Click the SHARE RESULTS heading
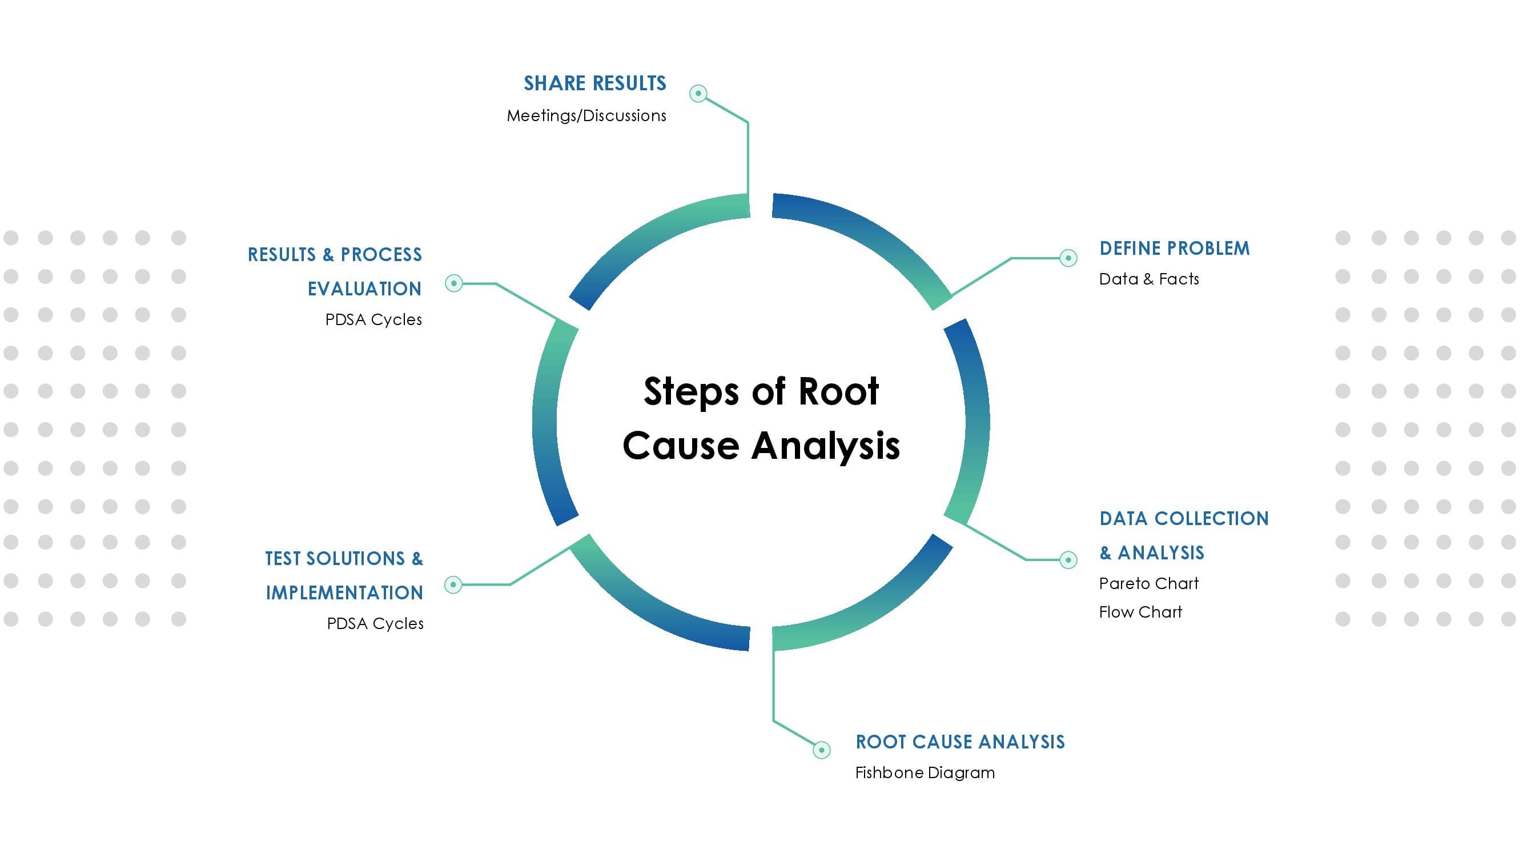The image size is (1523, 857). tap(595, 83)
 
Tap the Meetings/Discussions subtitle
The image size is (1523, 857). tap(586, 116)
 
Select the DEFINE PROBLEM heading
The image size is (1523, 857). tap(1174, 249)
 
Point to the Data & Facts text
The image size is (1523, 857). tap(1148, 279)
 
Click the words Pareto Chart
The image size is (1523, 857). tap(1148, 584)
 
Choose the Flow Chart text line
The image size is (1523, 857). tap(1140, 612)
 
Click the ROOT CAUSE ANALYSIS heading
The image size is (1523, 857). tap(959, 742)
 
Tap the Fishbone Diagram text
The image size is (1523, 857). tap(925, 773)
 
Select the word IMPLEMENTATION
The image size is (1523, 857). tap(344, 592)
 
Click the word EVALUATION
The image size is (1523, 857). tap(364, 289)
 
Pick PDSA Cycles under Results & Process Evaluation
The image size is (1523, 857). tap(373, 320)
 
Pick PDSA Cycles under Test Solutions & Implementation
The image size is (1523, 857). tap(375, 624)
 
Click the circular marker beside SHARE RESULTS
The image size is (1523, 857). tap(698, 94)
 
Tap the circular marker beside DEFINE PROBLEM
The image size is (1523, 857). tap(1068, 258)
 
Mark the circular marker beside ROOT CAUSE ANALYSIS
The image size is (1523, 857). tap(821, 750)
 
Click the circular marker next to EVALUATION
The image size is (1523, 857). tap(453, 283)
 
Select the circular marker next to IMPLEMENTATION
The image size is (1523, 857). tap(453, 585)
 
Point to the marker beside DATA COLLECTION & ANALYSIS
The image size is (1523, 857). tap(1068, 559)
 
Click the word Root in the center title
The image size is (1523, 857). tap(838, 391)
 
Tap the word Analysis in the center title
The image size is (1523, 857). tap(825, 446)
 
